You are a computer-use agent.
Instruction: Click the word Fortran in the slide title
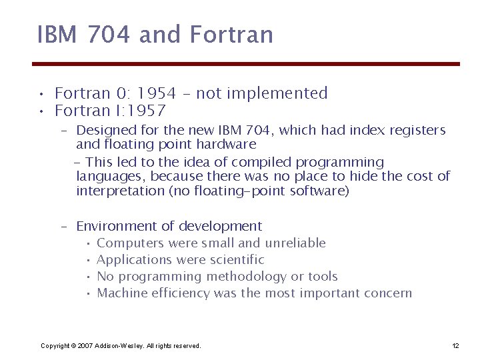232,35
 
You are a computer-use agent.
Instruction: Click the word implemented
287,93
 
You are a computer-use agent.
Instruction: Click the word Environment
116,226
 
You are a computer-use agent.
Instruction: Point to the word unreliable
295,243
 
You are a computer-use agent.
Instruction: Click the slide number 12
455,345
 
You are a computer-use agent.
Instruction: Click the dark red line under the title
246,64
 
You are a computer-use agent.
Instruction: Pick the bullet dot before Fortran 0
42,94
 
